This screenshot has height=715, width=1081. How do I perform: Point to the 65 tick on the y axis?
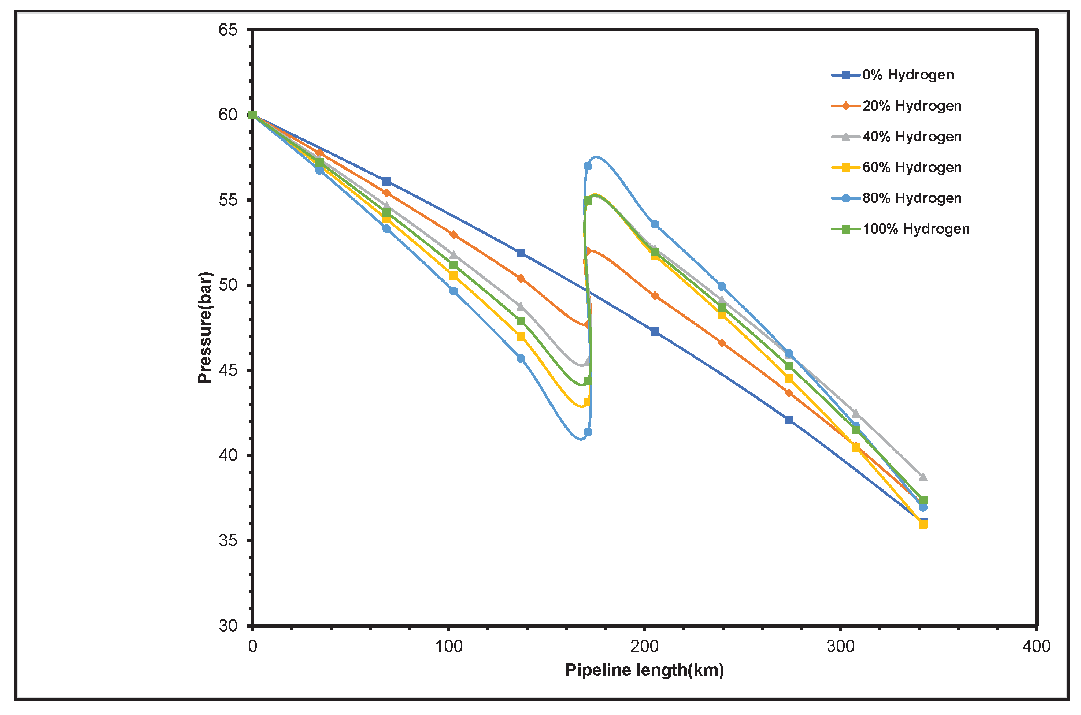(x=228, y=30)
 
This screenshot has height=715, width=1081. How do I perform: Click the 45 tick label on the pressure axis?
(x=228, y=370)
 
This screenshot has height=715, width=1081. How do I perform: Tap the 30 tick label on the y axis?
(x=228, y=626)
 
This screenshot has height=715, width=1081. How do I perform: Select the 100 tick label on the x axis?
(x=449, y=646)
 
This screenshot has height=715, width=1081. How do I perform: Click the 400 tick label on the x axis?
(x=1036, y=646)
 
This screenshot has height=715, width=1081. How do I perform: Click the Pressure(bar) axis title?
(x=205, y=327)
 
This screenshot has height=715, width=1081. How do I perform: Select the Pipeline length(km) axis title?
(x=644, y=670)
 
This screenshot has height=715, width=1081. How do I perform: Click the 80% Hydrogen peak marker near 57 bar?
(x=588, y=166)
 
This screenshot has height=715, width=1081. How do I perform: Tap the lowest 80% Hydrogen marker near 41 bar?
(x=588, y=432)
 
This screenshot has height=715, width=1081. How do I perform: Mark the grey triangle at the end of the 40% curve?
(x=923, y=477)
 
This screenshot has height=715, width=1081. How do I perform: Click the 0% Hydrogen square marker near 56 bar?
(x=386, y=182)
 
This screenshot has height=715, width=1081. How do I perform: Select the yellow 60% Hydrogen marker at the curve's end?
(x=923, y=524)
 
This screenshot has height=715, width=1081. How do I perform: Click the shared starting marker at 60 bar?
(x=253, y=115)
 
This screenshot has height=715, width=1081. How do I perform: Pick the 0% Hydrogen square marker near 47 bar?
(x=655, y=332)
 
